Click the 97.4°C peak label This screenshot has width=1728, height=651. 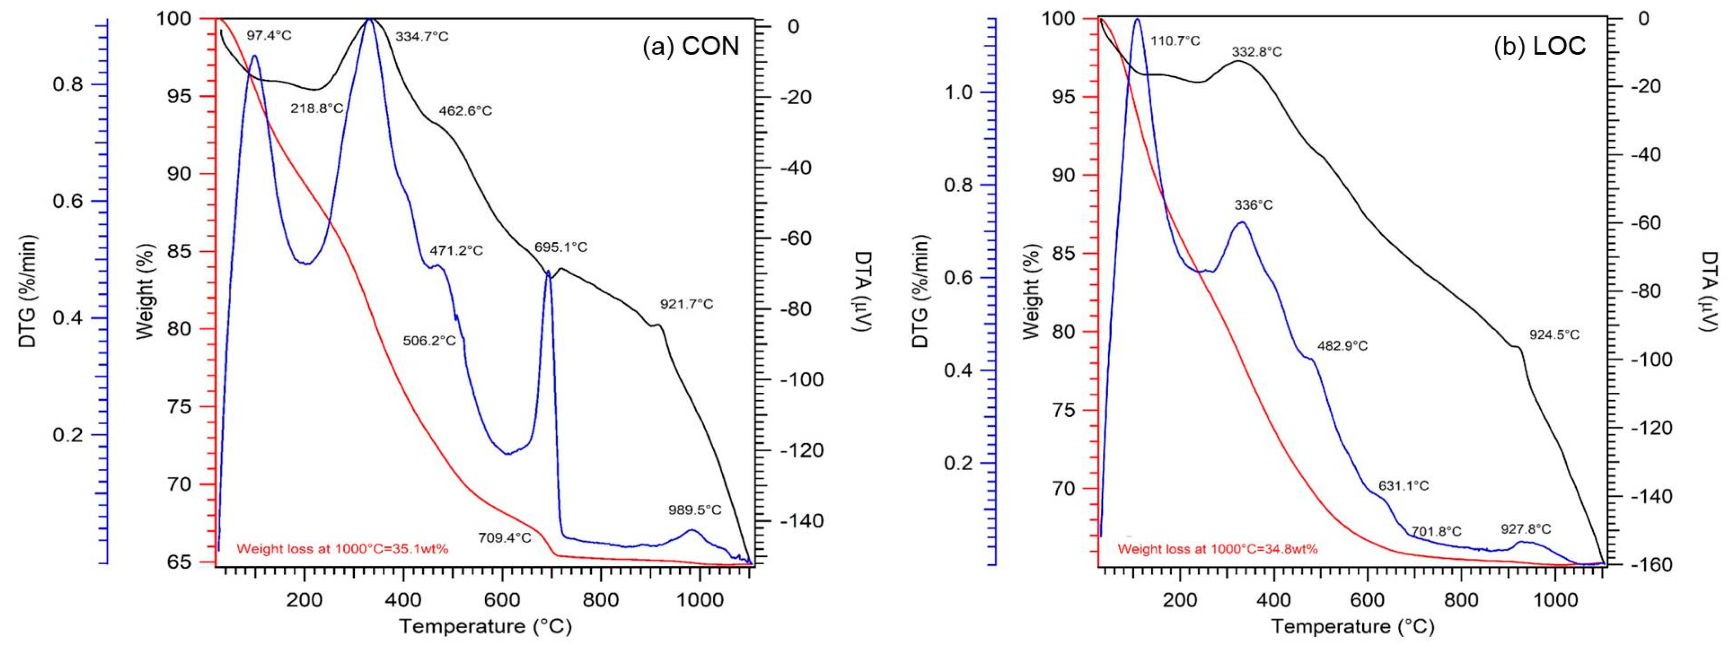coord(269,35)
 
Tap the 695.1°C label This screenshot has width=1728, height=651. coord(561,247)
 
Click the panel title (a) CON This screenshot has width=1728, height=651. coord(691,46)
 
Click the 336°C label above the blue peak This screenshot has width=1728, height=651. coord(1254,205)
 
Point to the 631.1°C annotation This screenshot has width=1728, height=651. coord(1403,486)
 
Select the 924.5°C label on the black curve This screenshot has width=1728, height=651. coord(1554,334)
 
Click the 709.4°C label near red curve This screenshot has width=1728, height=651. coord(504,538)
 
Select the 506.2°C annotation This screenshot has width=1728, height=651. coord(429,340)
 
